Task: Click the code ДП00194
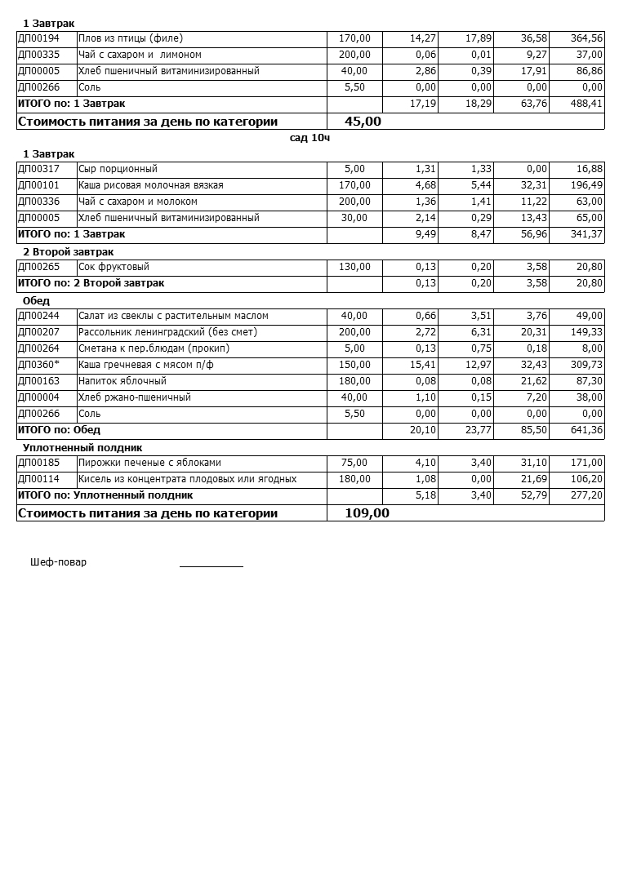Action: [38, 38]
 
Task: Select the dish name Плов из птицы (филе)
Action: [131, 38]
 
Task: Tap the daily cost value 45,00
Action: [363, 122]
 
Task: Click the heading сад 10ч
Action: [309, 138]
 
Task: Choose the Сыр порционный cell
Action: [118, 169]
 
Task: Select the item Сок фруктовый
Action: [114, 267]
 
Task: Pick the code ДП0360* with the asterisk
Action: [38, 365]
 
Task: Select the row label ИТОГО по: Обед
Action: [59, 430]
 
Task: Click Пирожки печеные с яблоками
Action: [149, 463]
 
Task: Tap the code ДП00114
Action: [38, 479]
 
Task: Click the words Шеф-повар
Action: [58, 562]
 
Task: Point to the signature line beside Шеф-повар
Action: [211, 566]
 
